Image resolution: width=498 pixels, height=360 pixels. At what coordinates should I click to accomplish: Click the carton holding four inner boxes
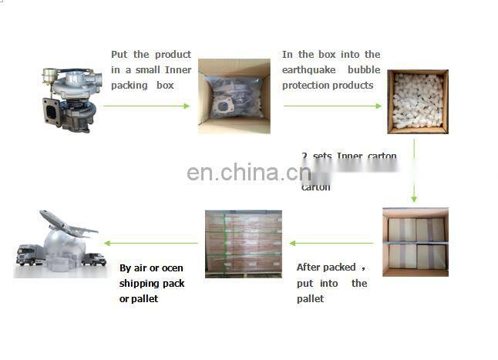[416, 241]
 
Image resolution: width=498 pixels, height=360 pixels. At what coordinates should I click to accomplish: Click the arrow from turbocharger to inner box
[146, 106]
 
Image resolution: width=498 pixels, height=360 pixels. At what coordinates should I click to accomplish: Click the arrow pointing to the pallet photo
[331, 243]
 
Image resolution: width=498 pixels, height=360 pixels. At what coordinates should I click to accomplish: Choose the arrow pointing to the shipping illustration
[151, 243]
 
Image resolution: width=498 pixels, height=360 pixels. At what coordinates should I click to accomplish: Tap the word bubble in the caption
[365, 69]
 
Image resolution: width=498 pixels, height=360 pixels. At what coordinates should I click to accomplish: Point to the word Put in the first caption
[119, 55]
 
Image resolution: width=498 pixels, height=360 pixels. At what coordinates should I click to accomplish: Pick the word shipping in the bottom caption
[140, 284]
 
